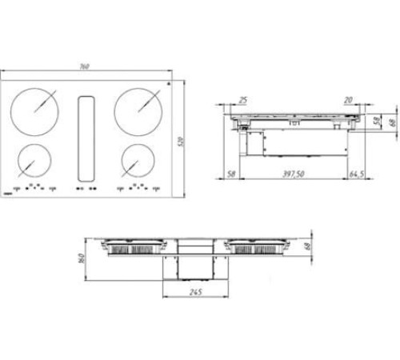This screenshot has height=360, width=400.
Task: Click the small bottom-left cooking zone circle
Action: (34, 161)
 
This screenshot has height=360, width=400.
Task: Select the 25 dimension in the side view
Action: (243, 100)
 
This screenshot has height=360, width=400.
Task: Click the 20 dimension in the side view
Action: (349, 100)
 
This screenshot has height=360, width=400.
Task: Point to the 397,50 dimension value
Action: (291, 173)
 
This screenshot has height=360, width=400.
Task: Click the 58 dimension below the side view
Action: (230, 173)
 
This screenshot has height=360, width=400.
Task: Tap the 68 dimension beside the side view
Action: (391, 122)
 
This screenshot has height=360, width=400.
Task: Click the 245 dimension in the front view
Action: (196, 292)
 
